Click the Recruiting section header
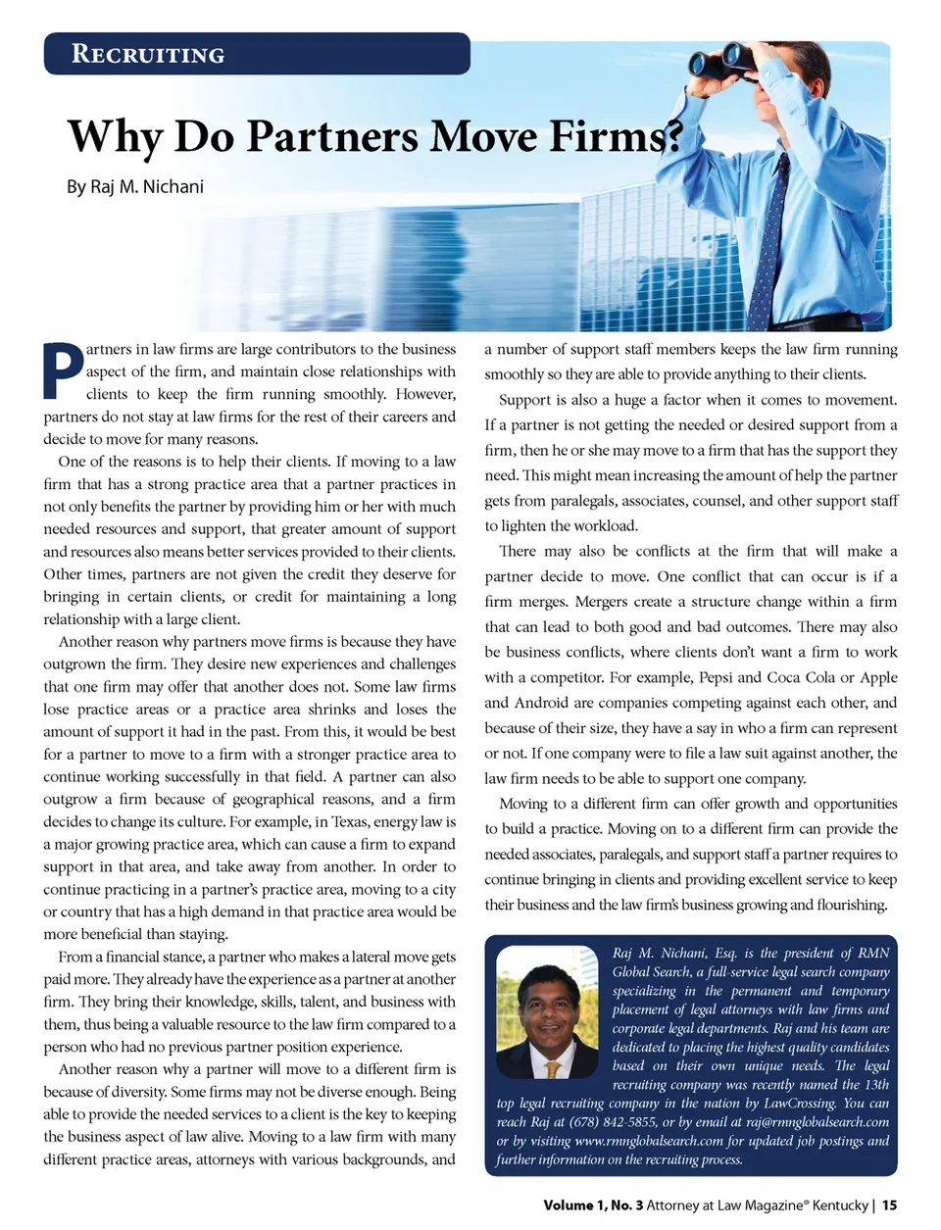point(148,54)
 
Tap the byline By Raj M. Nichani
point(135,186)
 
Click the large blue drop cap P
point(63,370)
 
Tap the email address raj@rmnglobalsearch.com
point(817,1121)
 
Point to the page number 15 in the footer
point(889,1205)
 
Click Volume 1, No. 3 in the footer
point(593,1205)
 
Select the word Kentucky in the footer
point(840,1205)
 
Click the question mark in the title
point(673,136)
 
